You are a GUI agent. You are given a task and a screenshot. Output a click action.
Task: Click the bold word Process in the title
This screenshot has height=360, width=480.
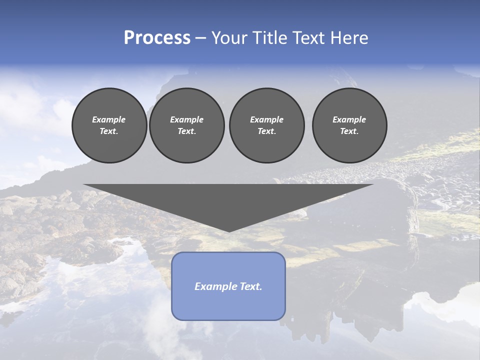pyautogui.click(x=157, y=38)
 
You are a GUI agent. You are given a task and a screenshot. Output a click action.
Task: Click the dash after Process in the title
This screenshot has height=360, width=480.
pyautogui.click(x=201, y=38)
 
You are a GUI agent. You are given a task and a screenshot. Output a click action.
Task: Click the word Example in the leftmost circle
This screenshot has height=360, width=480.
pyautogui.click(x=109, y=119)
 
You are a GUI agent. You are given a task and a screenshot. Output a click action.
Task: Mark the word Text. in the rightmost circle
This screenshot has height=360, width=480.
pyautogui.click(x=349, y=131)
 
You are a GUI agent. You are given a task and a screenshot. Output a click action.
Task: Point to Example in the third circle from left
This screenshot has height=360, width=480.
pyautogui.click(x=266, y=119)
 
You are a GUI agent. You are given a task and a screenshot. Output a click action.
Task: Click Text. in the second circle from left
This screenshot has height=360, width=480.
pyautogui.click(x=187, y=131)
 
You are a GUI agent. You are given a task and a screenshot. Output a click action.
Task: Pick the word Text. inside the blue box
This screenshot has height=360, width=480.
pyautogui.click(x=251, y=286)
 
